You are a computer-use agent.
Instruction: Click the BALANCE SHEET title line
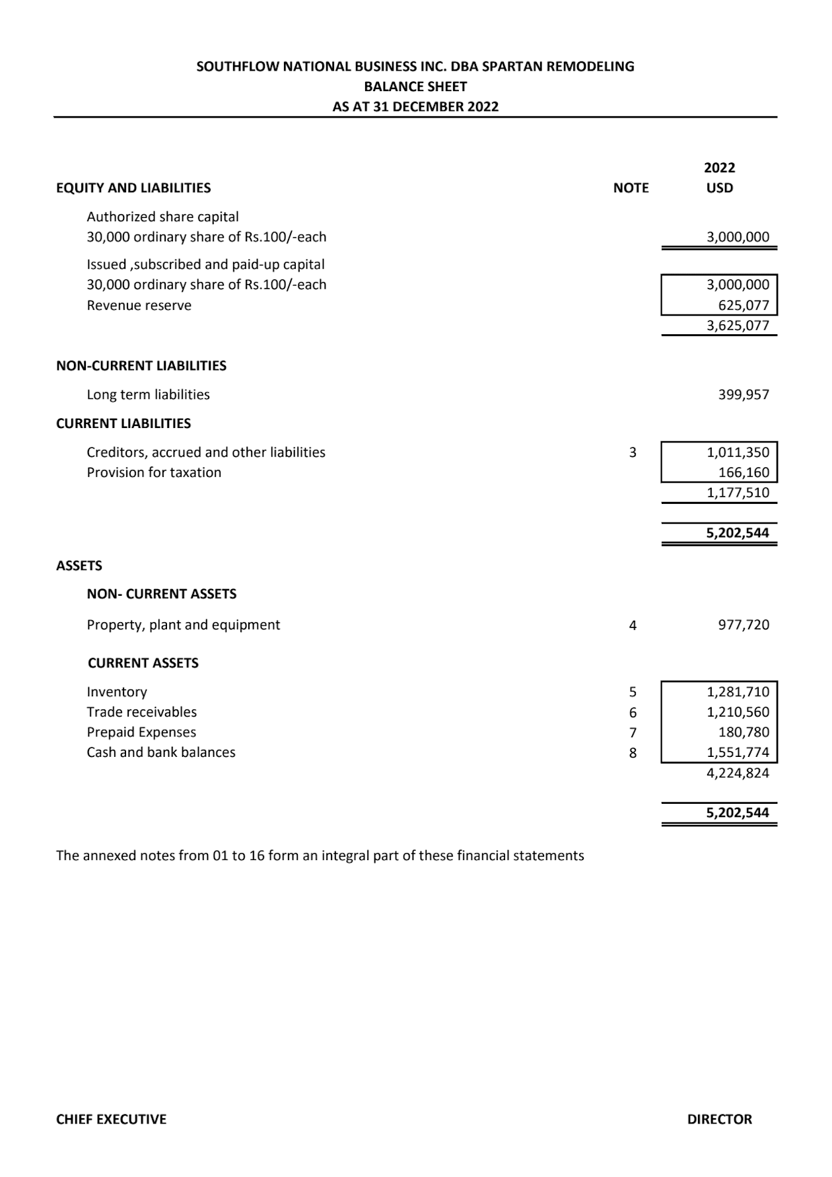click(415, 87)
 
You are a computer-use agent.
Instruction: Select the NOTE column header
click(631, 188)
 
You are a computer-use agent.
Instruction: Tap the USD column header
click(719, 188)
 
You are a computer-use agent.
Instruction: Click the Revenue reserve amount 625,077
click(744, 306)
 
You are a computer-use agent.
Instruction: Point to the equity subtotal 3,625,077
click(738, 326)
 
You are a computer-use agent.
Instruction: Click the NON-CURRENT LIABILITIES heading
click(141, 366)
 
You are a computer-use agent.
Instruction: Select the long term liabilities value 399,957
click(744, 395)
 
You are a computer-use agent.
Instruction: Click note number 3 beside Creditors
click(633, 452)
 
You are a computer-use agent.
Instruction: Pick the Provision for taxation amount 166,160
click(744, 473)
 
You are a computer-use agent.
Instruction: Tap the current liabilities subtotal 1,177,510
click(738, 493)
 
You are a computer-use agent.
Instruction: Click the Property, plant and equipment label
click(184, 625)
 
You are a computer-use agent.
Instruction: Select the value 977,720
click(744, 625)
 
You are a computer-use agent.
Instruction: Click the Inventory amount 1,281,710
click(738, 692)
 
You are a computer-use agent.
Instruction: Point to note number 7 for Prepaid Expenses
click(633, 732)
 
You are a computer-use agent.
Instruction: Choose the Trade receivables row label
click(142, 712)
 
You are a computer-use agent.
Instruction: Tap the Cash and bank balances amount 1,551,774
click(738, 752)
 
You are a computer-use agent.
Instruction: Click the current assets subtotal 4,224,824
click(738, 773)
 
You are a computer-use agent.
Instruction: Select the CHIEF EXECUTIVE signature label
click(111, 1120)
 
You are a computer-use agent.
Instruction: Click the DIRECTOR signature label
click(719, 1120)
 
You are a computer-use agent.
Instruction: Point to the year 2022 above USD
click(719, 168)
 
